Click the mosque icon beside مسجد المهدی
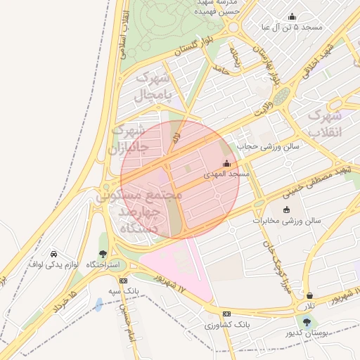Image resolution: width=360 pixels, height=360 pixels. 226,164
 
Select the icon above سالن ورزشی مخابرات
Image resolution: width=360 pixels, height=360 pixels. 286,210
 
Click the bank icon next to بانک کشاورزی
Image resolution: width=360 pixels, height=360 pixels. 226,314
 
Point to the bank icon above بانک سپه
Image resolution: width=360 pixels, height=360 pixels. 124,280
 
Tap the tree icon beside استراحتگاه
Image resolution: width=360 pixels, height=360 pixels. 103,255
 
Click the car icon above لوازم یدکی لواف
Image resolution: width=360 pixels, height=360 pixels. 54,253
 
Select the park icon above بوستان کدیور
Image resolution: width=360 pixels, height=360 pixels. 305,321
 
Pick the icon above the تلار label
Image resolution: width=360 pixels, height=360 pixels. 310,295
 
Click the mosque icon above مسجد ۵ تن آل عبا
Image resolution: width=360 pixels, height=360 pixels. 292,17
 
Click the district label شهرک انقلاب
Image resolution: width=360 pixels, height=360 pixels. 325,124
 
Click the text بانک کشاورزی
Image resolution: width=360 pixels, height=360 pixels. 228,325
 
